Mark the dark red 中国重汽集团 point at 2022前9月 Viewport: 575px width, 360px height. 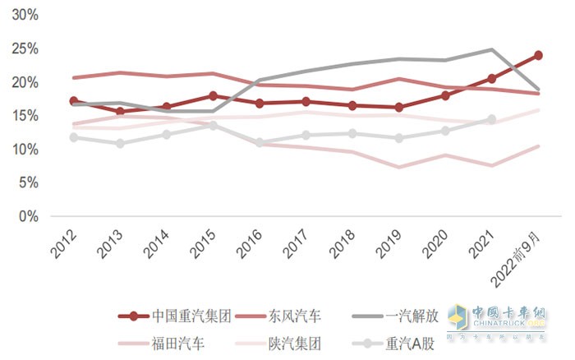538,55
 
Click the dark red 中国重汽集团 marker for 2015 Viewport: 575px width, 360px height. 213,96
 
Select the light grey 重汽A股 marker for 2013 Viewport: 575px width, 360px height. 120,143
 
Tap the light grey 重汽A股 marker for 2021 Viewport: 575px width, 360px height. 491,119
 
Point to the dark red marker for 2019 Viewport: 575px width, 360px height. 398,108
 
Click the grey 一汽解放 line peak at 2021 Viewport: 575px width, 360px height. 491,49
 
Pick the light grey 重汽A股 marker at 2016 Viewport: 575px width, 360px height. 260,142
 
